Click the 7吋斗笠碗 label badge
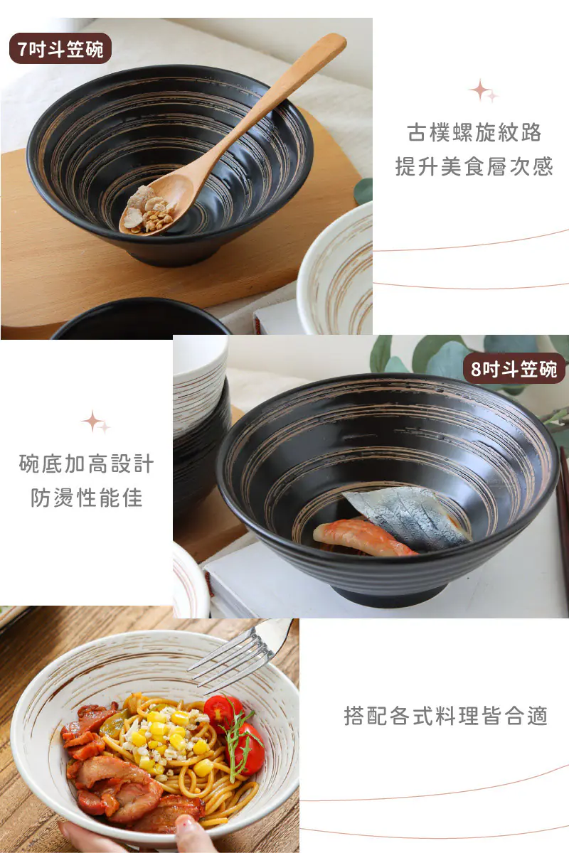point(60,49)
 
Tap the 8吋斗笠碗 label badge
point(514,368)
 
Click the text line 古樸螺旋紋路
point(474,132)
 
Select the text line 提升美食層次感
point(474,166)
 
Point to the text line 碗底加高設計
point(87,463)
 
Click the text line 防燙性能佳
point(87,498)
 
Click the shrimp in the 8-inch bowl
point(362,537)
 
